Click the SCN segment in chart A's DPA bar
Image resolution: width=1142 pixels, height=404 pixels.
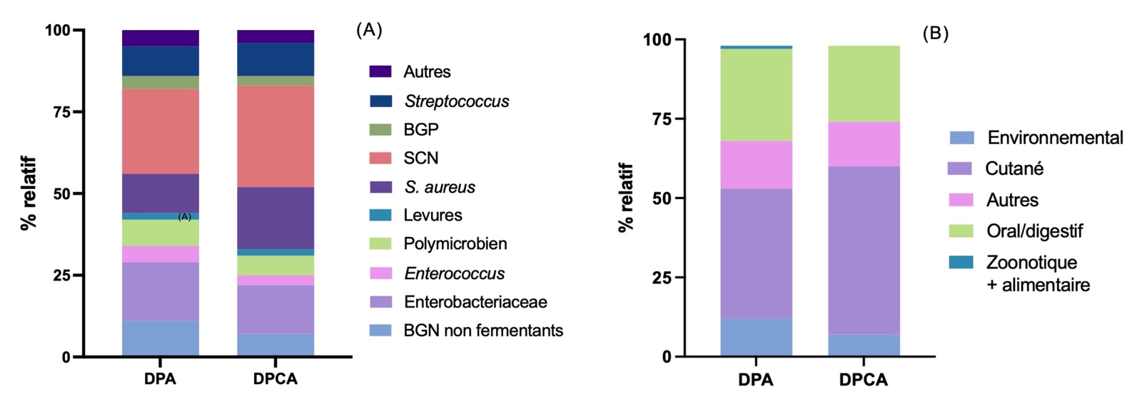pos(160,131)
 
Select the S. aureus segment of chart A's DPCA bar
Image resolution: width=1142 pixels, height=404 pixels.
pos(276,218)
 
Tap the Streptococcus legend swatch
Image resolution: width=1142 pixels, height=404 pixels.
pos(380,101)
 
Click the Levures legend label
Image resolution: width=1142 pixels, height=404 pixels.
pos(433,215)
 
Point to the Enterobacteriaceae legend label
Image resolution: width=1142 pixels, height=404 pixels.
pos(475,302)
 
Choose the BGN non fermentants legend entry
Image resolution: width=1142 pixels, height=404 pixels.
pos(483,330)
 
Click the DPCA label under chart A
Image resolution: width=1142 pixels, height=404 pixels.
pos(276,379)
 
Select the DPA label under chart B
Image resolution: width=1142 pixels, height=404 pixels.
pos(756,380)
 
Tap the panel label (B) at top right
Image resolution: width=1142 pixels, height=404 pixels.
pos(935,34)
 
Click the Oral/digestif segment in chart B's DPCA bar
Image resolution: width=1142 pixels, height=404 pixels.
pos(864,84)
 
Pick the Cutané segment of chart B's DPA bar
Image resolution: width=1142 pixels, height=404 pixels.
pos(756,253)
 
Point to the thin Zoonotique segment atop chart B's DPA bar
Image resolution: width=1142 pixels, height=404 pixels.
pos(756,47)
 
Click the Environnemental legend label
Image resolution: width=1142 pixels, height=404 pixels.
pos(1055,138)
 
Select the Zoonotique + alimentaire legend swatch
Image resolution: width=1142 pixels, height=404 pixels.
pos(961,262)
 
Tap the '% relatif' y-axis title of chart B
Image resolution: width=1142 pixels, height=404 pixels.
pos(626,198)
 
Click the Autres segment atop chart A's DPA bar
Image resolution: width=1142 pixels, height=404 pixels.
pos(160,38)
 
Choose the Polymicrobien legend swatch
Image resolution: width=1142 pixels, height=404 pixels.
pos(380,243)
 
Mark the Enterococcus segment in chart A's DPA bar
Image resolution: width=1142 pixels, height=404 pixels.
pos(160,254)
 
